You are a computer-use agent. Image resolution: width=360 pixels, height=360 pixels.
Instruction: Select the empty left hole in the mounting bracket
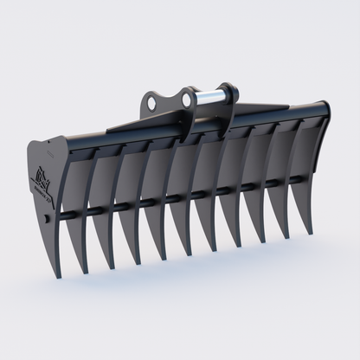click(152, 102)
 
